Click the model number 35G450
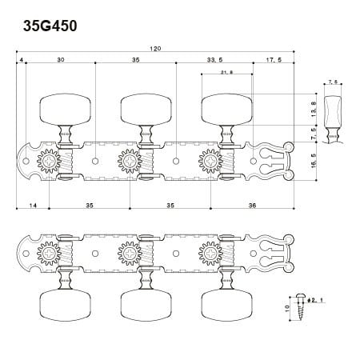coord(50,26)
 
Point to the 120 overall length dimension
coord(155,49)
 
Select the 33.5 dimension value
coord(215,60)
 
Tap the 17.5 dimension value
coord(274,60)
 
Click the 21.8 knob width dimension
coord(226,72)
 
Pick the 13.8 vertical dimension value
coord(314,109)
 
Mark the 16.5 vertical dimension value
coord(314,161)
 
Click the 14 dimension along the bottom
coord(33,206)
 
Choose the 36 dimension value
coord(252,206)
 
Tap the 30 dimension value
coord(61,60)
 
